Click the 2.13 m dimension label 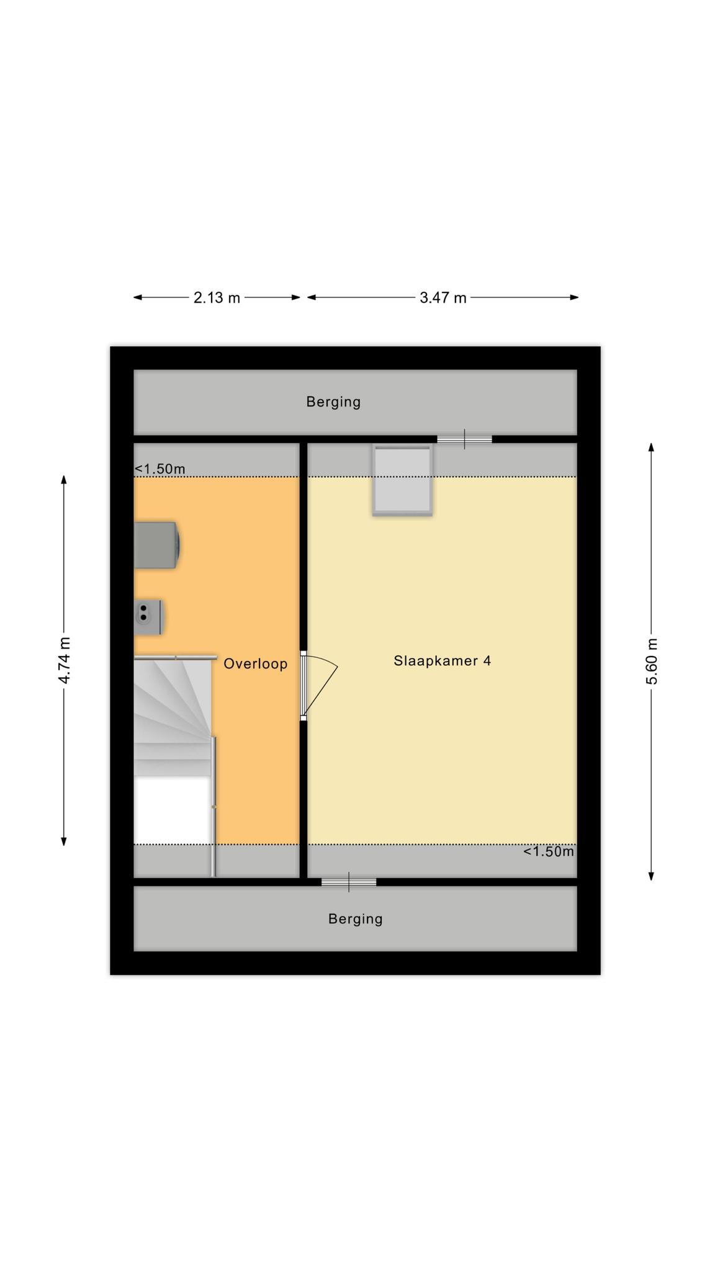tap(217, 298)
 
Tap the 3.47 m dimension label tap(443, 298)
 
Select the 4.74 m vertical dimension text tap(64, 660)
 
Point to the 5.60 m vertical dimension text tap(652, 662)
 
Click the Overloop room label tap(255, 664)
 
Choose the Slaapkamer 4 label tap(442, 661)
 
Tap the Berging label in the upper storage tap(333, 402)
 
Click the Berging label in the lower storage tap(355, 919)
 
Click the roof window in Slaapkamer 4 tap(402, 480)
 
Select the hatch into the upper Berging tap(464, 439)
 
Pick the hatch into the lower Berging tap(349, 882)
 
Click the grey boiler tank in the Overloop tap(157, 545)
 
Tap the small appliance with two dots tap(149, 617)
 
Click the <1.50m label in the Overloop tap(160, 469)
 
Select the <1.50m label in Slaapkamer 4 tap(549, 851)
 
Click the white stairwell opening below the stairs tap(172, 809)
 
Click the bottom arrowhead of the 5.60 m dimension tap(652, 876)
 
